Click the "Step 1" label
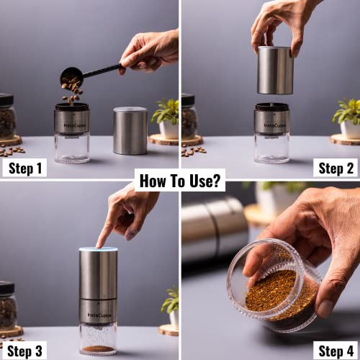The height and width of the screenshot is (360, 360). pos(25,168)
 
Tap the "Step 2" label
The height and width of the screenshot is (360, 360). pos(336,168)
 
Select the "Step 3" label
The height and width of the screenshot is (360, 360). pos(24,351)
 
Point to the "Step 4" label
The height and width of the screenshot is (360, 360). pos(336,351)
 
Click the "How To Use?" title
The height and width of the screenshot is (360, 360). pos(180,180)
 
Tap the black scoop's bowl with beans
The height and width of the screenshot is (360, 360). pos(71,78)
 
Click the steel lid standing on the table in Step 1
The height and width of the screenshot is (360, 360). pos(130,131)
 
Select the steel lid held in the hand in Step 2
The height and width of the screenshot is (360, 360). pos(275,70)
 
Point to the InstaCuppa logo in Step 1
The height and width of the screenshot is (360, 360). pos(75,125)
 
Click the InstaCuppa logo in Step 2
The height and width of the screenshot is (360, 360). pos(275,125)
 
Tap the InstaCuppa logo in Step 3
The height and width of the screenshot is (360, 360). pos(99,315)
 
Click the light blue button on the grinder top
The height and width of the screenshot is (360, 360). pos(99,249)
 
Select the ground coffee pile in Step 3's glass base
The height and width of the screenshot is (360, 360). pos(98,348)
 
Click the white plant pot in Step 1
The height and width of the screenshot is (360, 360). pos(169,130)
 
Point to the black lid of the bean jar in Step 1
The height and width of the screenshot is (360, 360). pos(6,100)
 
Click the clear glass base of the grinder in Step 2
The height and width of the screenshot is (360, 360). pos(271,148)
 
